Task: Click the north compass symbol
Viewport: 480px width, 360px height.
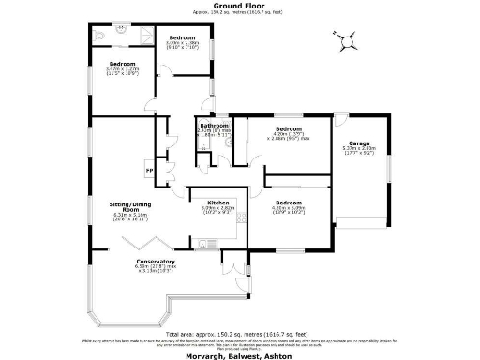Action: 347,40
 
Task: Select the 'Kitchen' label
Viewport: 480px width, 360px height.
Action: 218,202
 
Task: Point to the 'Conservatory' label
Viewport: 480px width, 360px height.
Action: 156,261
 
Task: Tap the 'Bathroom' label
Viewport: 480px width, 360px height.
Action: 214,126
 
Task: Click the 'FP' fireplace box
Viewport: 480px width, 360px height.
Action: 147,170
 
